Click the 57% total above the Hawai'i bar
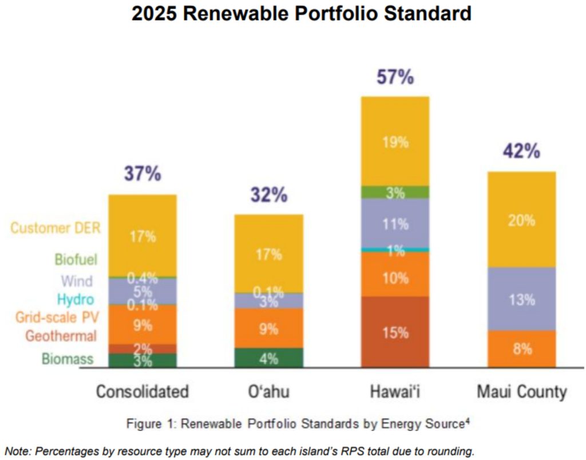pyautogui.click(x=395, y=77)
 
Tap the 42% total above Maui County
pyautogui.click(x=521, y=152)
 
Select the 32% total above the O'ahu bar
pyautogui.click(x=268, y=195)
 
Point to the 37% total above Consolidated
pyautogui.click(x=142, y=174)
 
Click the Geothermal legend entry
pyautogui.click(x=61, y=336)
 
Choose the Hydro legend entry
pyautogui.click(x=76, y=299)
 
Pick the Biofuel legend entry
pyautogui.click(x=76, y=260)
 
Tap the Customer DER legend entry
pyautogui.click(x=56, y=228)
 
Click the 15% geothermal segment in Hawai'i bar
pyautogui.click(x=395, y=332)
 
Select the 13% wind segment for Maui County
pyautogui.click(x=521, y=299)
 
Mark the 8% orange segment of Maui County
pyautogui.click(x=521, y=348)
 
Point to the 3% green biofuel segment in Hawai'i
pyautogui.click(x=395, y=193)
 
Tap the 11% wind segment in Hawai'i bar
pyautogui.click(x=395, y=224)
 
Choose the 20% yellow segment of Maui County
pyautogui.click(x=521, y=220)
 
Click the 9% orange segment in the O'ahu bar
pyautogui.click(x=268, y=328)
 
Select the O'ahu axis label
pyautogui.click(x=269, y=392)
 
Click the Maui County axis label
pyautogui.click(x=521, y=392)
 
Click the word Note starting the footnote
pyautogui.click(x=18, y=451)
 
